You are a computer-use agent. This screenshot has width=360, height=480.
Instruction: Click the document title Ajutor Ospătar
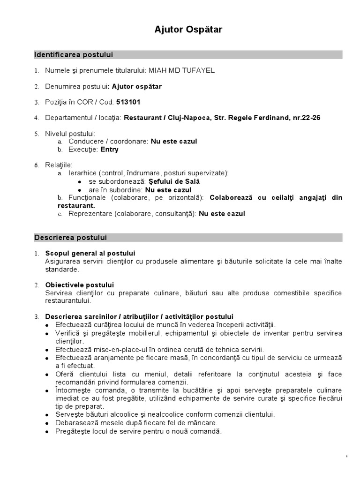click(188, 30)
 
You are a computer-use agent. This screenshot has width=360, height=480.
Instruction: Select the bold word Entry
click(110, 150)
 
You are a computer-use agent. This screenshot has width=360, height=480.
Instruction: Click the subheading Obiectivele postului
click(79, 285)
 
